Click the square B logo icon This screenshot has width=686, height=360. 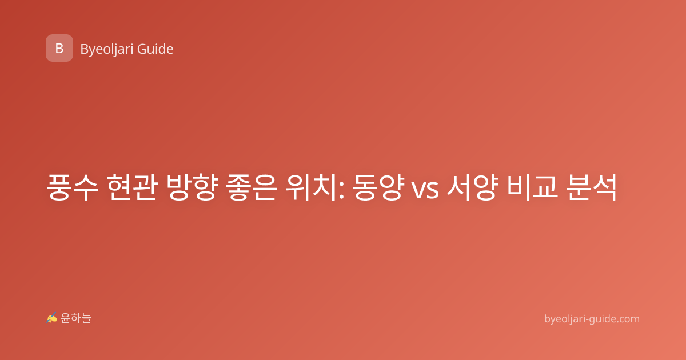(x=59, y=48)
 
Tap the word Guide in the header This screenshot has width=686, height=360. (x=155, y=49)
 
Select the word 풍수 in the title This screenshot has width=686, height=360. (x=73, y=187)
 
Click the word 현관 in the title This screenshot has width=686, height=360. (x=132, y=187)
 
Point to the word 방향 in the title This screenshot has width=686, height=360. (x=192, y=187)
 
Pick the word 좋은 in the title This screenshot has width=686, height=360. (x=252, y=187)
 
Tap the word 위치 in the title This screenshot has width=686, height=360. (x=312, y=187)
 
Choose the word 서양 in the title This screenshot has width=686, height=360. (x=472, y=187)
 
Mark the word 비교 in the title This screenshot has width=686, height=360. (x=532, y=187)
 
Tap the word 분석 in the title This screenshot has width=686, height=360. (x=591, y=187)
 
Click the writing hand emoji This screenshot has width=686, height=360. (x=52, y=318)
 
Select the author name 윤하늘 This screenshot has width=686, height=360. (x=75, y=318)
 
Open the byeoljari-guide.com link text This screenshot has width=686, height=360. (x=592, y=319)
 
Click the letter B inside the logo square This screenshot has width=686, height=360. (x=59, y=49)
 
